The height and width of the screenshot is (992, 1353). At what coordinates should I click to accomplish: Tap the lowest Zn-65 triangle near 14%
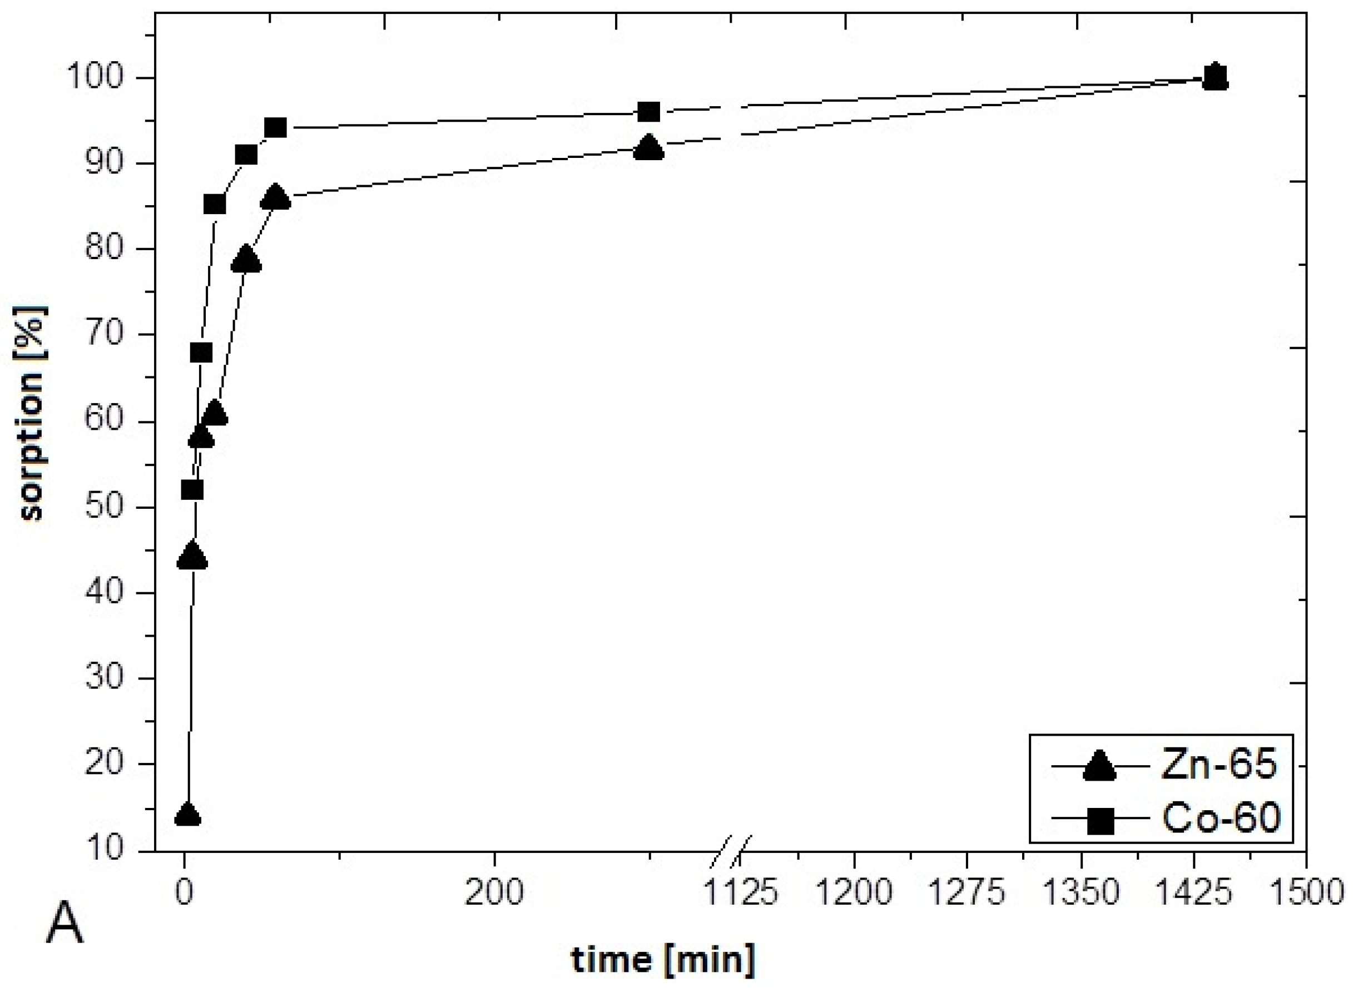187,815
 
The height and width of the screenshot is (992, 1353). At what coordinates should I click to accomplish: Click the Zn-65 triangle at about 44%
192,556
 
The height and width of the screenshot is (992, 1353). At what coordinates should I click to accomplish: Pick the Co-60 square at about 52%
192,490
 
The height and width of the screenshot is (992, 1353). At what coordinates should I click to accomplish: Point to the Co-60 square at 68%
201,353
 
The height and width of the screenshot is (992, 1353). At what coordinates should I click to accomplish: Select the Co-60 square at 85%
215,205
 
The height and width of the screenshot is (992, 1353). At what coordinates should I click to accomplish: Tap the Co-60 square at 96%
648,112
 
